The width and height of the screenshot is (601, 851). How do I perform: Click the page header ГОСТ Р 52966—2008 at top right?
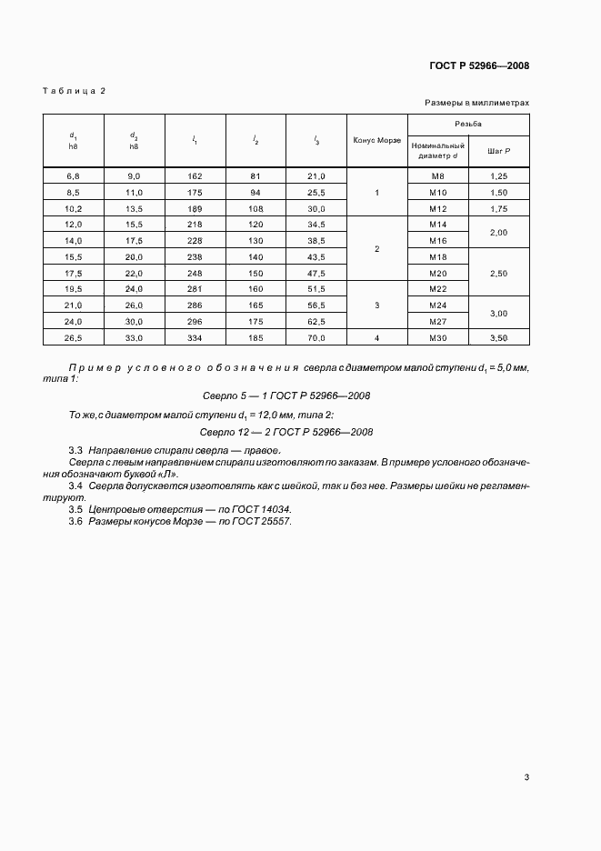pyautogui.click(x=479, y=65)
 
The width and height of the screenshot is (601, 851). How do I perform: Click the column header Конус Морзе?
pyautogui.click(x=376, y=140)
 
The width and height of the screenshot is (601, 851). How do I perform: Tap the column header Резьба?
pyautogui.click(x=468, y=123)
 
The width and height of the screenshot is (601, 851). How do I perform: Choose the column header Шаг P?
pyautogui.click(x=499, y=150)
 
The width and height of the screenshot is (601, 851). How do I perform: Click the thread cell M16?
pyautogui.click(x=437, y=241)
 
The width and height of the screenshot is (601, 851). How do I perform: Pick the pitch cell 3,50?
pyautogui.click(x=499, y=338)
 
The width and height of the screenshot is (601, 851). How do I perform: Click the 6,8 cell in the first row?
pyautogui.click(x=74, y=175)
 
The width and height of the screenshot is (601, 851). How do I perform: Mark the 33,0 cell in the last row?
pyautogui.click(x=135, y=338)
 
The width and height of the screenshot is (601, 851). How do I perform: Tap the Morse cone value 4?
pyautogui.click(x=376, y=338)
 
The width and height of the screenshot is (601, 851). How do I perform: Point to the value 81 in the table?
pyautogui.click(x=255, y=175)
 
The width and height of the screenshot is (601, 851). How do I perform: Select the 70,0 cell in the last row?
pyautogui.click(x=316, y=338)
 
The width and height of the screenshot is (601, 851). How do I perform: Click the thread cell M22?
pyautogui.click(x=437, y=289)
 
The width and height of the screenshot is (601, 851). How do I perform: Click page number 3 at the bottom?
pyautogui.click(x=526, y=776)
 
